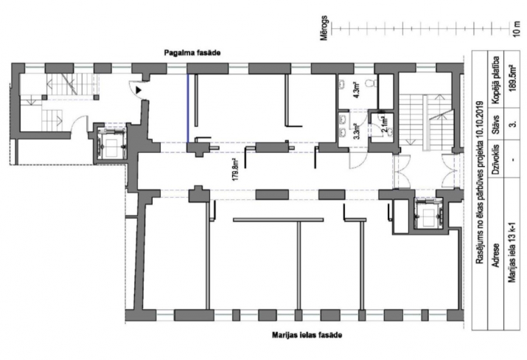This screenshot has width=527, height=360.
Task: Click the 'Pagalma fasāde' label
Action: [x=192, y=53]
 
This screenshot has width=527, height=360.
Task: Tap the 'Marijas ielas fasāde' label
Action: [x=307, y=335]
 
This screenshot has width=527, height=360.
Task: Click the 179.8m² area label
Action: [x=236, y=170]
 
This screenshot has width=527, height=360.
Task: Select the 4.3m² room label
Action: [x=357, y=90]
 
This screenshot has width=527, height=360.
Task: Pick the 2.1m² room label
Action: [x=385, y=123]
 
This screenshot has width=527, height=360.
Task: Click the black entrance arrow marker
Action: [x=138, y=90]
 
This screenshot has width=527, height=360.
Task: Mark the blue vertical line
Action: [x=188, y=108]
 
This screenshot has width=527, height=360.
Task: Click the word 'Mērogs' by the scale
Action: [x=324, y=28]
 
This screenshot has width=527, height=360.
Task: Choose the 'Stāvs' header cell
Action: [x=496, y=125]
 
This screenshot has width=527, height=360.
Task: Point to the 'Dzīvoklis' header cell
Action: [x=496, y=159]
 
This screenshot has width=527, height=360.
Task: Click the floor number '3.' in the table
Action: [x=513, y=125]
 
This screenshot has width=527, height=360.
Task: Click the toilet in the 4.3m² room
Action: [x=371, y=83]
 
